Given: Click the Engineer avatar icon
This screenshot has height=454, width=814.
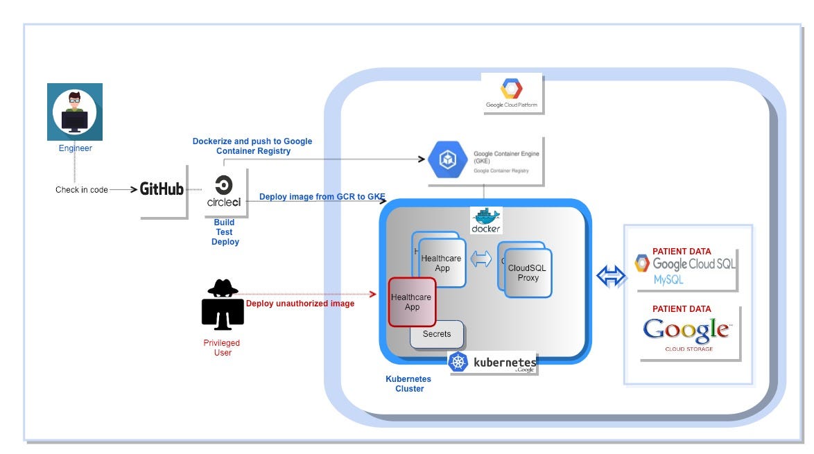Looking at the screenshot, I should click(x=75, y=112).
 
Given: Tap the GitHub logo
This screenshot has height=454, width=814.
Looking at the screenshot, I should click(x=162, y=189).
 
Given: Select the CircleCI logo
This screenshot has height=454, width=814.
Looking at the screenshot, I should click(x=224, y=191).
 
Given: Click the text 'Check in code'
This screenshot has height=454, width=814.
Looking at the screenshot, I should click(x=82, y=189).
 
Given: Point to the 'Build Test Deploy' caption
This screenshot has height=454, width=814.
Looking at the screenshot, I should click(x=225, y=232).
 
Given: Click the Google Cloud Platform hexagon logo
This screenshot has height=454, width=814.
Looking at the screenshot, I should click(x=512, y=89).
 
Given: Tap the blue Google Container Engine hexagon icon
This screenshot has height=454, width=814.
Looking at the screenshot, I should click(x=447, y=160).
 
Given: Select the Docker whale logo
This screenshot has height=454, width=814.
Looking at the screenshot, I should click(x=486, y=219).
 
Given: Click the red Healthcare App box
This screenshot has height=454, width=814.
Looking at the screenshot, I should click(x=412, y=302).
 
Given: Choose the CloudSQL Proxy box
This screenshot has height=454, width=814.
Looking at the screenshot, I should click(x=528, y=273).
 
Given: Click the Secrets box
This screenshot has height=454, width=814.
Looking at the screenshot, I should click(x=437, y=334).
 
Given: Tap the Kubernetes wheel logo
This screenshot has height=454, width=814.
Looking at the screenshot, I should click(x=458, y=362).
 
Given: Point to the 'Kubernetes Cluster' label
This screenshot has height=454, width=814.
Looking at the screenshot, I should click(x=408, y=384).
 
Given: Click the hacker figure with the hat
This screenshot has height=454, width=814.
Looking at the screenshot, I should click(x=223, y=304).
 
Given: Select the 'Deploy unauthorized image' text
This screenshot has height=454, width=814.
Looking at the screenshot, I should click(x=300, y=304).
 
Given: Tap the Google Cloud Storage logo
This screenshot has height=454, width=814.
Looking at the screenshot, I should click(x=686, y=332).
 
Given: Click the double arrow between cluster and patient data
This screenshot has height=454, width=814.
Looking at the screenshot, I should click(x=611, y=276).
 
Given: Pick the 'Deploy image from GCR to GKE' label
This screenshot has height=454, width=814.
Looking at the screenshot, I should click(x=322, y=196).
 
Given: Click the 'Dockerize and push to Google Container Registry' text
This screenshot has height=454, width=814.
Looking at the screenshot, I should click(x=252, y=146).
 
